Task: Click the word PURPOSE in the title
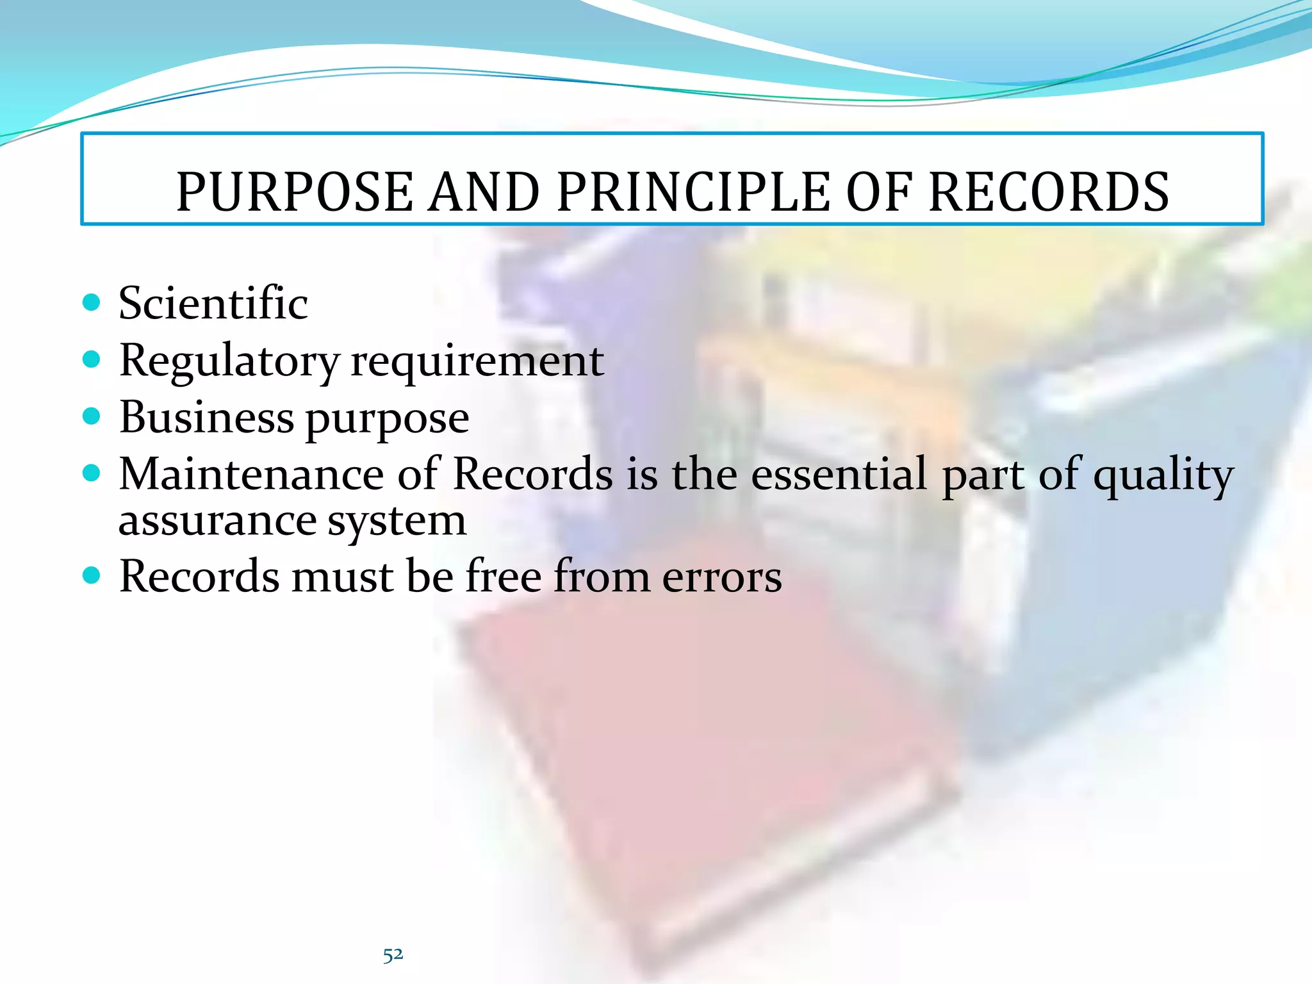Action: pos(295,192)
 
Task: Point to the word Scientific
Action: pos(213,303)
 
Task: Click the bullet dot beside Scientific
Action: pos(92,302)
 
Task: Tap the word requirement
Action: pos(477,361)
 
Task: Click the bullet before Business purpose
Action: pos(92,416)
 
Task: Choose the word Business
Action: pos(206,417)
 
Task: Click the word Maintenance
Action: pos(252,474)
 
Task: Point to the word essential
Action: pos(839,474)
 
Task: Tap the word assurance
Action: pos(217,521)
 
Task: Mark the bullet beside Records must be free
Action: pos(92,575)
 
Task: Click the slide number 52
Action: pos(393,955)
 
